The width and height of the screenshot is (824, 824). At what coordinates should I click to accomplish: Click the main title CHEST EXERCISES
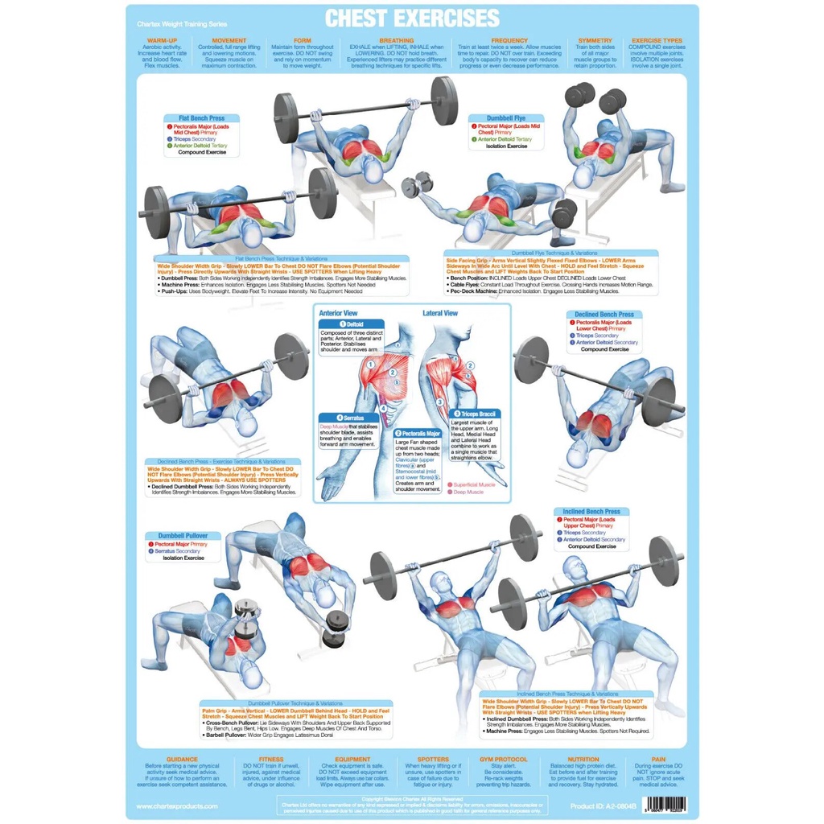point(411,19)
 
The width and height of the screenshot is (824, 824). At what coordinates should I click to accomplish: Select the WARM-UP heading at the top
point(162,40)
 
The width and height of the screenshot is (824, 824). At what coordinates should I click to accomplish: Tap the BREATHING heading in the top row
point(397,40)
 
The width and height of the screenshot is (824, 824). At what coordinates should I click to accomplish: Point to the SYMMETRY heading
point(595,40)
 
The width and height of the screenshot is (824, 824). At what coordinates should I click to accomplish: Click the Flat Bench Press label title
point(196,118)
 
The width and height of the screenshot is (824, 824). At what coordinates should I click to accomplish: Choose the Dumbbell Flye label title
point(506,118)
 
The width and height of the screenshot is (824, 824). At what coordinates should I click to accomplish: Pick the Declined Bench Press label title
point(604,315)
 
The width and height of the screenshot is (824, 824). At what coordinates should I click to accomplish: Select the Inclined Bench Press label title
point(591,512)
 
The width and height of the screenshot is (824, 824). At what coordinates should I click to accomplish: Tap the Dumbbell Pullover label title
point(183,535)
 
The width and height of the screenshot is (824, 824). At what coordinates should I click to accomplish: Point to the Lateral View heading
point(440,312)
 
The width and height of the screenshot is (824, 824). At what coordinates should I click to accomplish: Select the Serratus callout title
point(348,418)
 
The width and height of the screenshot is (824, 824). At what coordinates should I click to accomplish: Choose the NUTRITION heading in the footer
point(583,759)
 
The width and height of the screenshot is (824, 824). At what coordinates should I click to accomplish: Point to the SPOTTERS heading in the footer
point(434,759)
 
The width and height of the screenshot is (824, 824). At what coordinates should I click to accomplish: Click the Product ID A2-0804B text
point(604,805)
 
